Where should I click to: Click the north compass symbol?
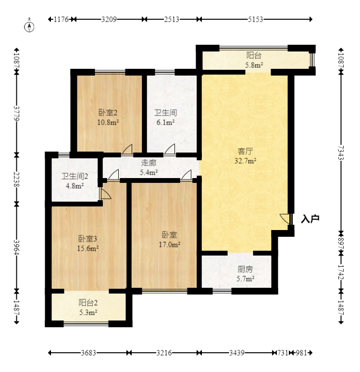click(29, 26)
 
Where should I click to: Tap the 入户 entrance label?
click(310, 219)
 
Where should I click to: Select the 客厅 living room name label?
click(245, 151)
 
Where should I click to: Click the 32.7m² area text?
click(245, 161)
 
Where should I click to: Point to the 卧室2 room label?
click(108, 113)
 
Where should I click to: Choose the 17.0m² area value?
click(170, 244)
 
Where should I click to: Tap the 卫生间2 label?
click(74, 176)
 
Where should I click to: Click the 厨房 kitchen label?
click(245, 269)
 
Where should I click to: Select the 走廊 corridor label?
click(149, 163)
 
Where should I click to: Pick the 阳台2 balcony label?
click(88, 303)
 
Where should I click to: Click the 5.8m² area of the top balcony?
click(254, 65)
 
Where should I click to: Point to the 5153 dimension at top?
click(256, 19)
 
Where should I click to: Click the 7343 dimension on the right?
click(341, 152)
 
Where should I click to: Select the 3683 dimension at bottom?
click(88, 353)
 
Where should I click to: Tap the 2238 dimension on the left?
click(16, 180)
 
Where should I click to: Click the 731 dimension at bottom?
click(283, 353)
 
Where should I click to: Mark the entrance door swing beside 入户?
click(285, 219)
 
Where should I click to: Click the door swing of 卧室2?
click(127, 149)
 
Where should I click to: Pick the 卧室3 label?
click(87, 238)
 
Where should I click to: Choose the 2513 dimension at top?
click(172, 19)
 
